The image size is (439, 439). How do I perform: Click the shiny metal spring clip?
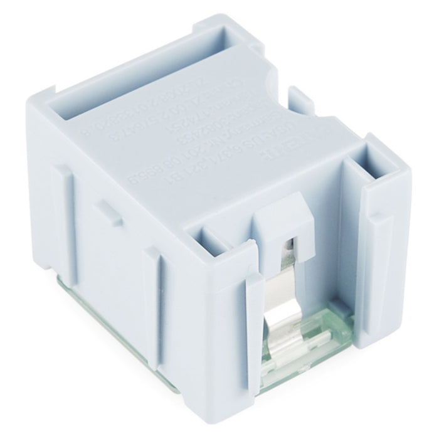tap(285, 295)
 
